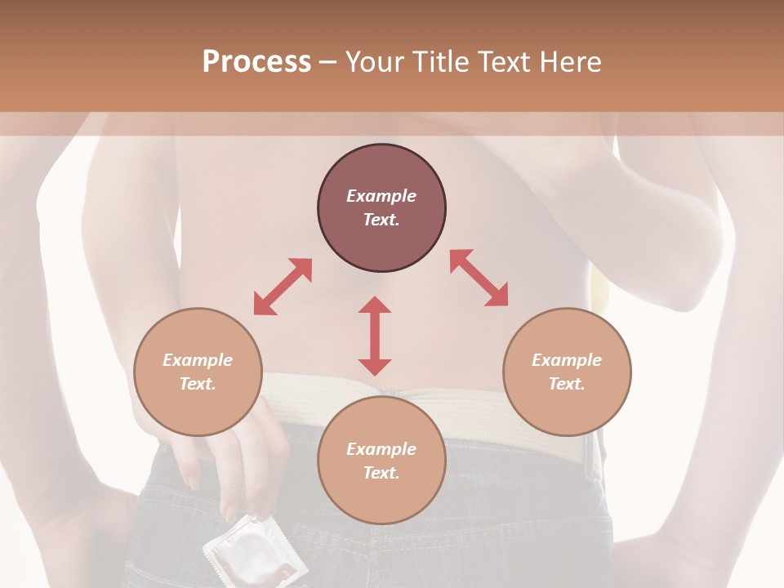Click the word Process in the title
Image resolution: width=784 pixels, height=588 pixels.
point(256,62)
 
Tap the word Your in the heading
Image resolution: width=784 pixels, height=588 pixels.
point(375,62)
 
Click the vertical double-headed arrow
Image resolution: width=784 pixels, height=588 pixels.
point(375,336)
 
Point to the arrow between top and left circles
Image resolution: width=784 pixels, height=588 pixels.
point(283,287)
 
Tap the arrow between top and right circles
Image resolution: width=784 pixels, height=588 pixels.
point(479,278)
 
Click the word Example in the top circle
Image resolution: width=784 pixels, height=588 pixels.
point(381,196)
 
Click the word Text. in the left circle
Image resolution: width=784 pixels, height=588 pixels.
point(198,384)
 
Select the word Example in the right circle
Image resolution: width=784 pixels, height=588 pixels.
point(567,360)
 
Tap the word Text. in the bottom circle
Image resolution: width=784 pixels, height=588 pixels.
point(381,473)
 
